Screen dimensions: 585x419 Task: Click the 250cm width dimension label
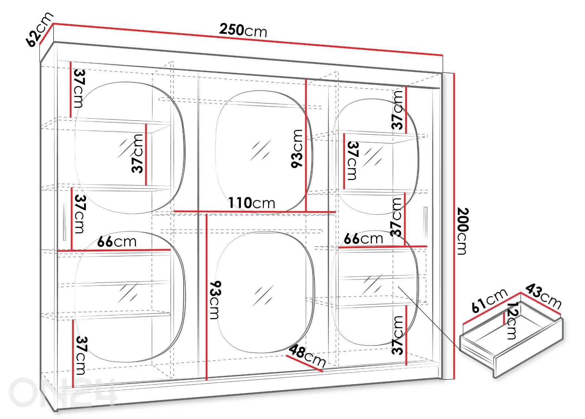pos(243,30)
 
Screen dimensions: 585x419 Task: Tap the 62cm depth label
pos(39,29)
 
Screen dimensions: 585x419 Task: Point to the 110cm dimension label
pos(252,203)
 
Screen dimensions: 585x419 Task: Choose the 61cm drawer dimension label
pos(490,300)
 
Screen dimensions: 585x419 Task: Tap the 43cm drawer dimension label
pos(544,296)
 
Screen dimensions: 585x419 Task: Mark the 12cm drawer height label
pos(512,321)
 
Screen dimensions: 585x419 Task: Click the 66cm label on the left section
pos(117,242)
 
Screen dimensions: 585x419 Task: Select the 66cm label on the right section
pos(363,239)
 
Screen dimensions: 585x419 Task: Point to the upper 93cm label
pos(297,149)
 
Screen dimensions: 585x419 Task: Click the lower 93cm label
pos(215,300)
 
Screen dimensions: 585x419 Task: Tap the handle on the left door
pos(64,222)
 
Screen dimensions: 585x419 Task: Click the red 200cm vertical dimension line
pos(454,226)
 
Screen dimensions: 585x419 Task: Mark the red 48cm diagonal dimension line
pos(305,363)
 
